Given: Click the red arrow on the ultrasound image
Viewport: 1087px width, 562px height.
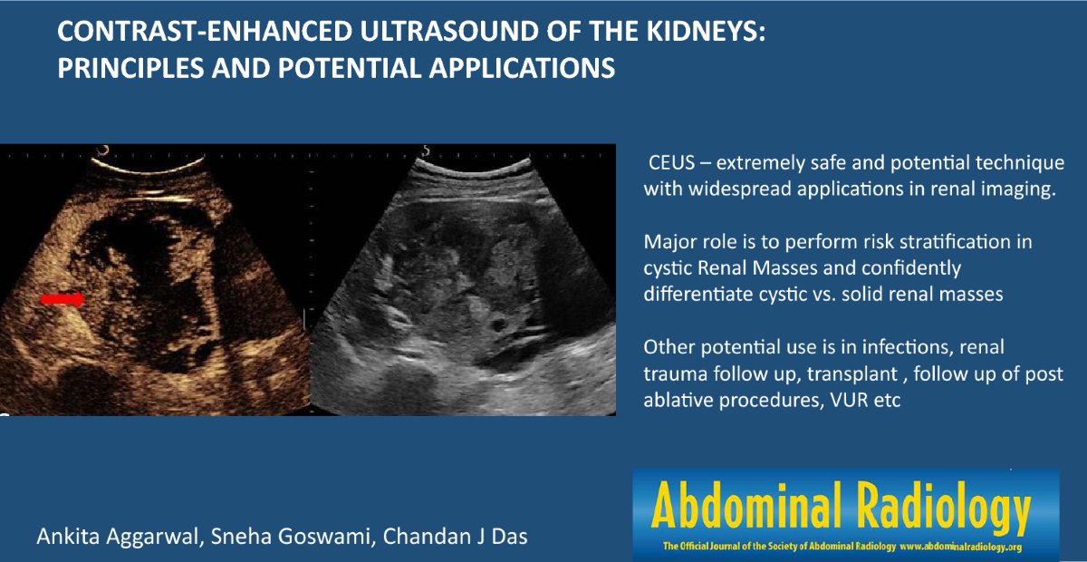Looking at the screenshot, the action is [63, 299].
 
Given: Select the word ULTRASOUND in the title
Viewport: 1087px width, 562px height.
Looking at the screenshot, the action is [449, 31].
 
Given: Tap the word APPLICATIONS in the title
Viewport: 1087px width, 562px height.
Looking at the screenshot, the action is [522, 67].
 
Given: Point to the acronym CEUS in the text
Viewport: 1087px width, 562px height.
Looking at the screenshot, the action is [671, 163].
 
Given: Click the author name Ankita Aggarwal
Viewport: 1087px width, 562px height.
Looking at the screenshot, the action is [118, 538].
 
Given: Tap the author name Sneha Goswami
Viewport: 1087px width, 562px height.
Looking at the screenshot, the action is [291, 538].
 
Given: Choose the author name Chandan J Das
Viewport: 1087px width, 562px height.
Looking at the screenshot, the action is [455, 537].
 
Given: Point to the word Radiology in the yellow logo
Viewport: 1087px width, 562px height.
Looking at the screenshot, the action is [943, 509].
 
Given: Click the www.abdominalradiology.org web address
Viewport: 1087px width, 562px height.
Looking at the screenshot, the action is [961, 547].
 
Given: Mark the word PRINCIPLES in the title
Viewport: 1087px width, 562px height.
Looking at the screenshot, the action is [130, 67].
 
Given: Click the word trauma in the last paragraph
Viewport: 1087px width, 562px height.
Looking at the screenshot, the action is [675, 374].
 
